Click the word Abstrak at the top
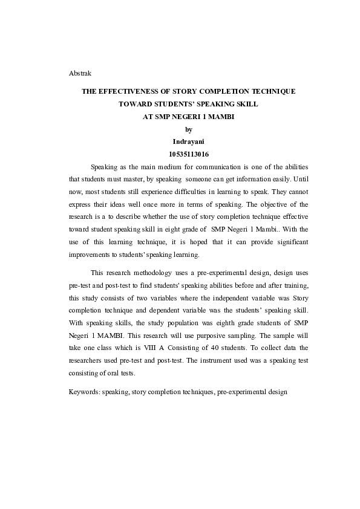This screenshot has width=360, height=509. click(x=80, y=73)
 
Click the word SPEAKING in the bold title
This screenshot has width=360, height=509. click(x=205, y=104)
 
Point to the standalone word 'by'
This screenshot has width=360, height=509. click(x=188, y=129)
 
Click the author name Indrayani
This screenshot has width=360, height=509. click(x=188, y=141)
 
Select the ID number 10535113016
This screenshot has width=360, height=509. click(x=188, y=154)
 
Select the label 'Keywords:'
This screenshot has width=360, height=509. click(x=84, y=392)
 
